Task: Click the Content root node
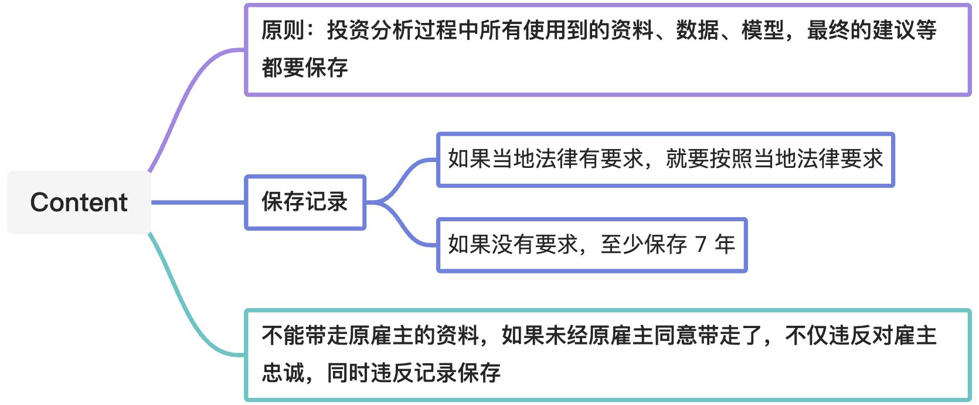79,203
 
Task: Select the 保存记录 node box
305,203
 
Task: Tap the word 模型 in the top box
763,30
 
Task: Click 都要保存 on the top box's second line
305,67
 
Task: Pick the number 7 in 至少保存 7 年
701,244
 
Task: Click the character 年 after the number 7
725,244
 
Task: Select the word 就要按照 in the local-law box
709,159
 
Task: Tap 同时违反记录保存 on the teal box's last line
414,373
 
